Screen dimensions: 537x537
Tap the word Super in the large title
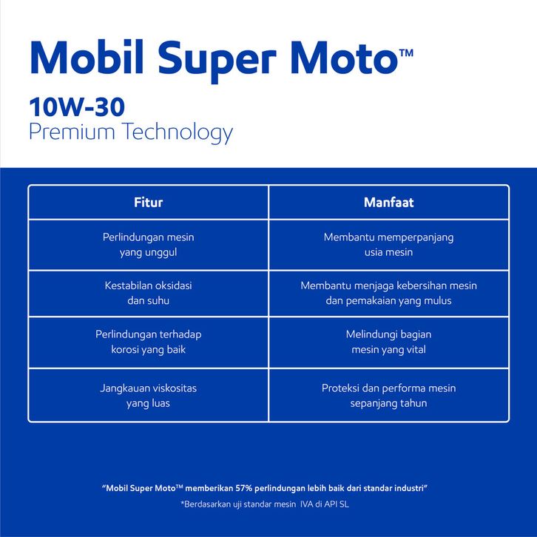tap(217, 61)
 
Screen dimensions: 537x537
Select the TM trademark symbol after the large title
tap(407, 53)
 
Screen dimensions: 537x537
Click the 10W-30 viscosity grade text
tap(77, 107)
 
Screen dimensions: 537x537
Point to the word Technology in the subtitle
tap(178, 132)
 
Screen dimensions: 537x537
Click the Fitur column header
tap(148, 203)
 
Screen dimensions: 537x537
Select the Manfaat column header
tap(389, 203)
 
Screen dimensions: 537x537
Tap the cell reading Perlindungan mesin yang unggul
tap(148, 245)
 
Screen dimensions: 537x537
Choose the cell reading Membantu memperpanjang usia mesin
tap(389, 245)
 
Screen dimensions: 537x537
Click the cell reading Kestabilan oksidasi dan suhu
tap(148, 293)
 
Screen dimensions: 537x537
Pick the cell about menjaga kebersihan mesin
tap(389, 293)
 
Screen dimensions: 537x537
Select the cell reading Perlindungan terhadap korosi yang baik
tap(148, 342)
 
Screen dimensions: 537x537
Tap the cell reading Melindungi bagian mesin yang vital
tap(389, 342)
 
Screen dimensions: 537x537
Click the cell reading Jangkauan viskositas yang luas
tap(148, 396)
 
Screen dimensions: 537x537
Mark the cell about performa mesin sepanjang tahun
tap(389, 396)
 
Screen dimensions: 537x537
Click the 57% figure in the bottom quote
tap(243, 488)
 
